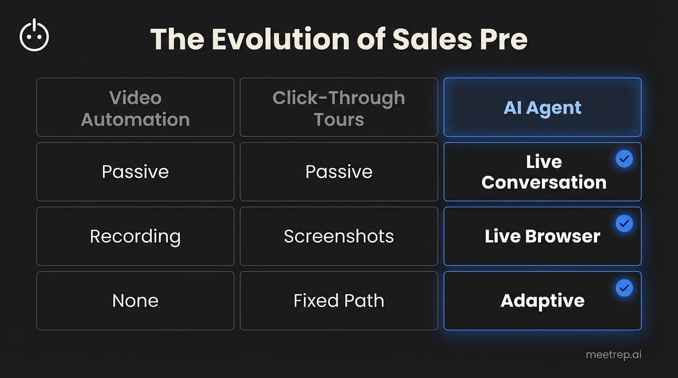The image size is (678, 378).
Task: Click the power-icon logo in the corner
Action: pos(34,35)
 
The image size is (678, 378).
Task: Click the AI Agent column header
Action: pos(542,108)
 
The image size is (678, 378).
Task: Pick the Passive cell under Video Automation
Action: pos(135,172)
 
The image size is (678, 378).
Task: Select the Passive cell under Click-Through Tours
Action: pos(339,172)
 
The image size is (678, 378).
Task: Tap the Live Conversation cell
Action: pos(543,172)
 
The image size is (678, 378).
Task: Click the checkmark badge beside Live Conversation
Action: pos(624,159)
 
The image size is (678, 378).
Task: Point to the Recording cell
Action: pos(135,236)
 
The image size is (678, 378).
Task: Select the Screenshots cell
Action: pos(339,236)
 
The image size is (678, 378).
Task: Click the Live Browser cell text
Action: pos(542,236)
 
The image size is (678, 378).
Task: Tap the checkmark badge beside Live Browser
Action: pos(624,223)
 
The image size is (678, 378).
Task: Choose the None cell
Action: pos(135,301)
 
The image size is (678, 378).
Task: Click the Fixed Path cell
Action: pos(339,301)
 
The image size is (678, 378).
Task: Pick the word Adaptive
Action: pos(542,301)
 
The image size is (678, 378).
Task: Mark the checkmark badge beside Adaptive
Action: pos(624,288)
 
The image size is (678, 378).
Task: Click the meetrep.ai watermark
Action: pos(613,355)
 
